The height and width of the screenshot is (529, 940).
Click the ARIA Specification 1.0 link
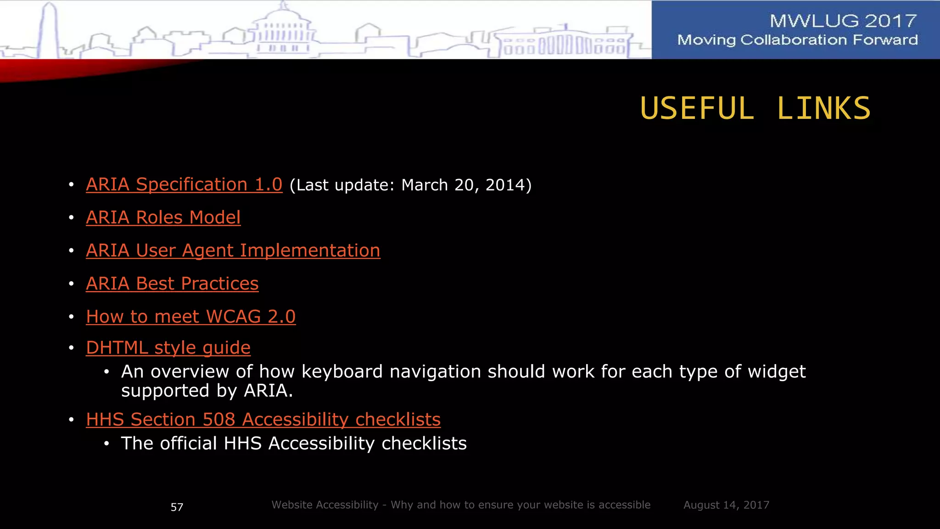184,185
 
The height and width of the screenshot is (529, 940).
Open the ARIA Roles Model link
163,218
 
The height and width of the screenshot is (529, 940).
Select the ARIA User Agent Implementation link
233,251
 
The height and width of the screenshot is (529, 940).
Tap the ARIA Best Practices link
172,284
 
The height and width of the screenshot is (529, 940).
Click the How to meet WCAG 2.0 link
190,317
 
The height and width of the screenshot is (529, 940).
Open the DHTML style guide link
168,348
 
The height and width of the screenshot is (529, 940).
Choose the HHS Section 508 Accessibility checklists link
263,420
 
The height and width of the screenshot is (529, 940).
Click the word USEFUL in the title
697,109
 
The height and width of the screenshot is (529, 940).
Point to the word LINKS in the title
823,109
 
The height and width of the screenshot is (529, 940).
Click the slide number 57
177,507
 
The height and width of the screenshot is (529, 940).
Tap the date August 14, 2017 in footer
726,505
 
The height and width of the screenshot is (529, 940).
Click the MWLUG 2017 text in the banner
843,21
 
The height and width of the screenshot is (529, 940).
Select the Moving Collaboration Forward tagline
797,40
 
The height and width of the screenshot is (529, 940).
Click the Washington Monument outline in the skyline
50,30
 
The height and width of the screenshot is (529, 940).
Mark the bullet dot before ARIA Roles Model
71,218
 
